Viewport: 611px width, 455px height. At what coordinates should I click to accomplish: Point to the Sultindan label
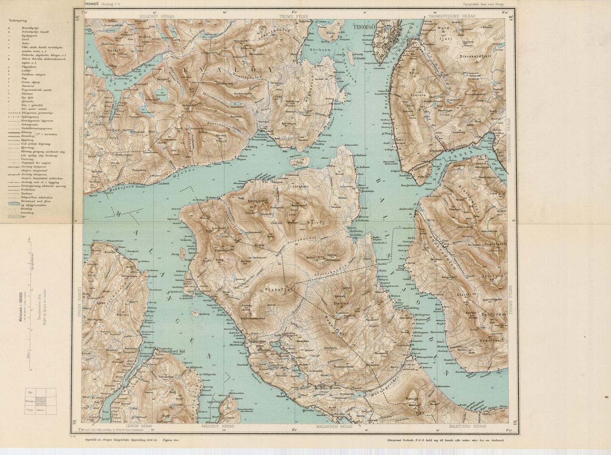[x=493, y=316]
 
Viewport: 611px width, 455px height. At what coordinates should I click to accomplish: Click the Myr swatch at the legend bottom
[x=14, y=216]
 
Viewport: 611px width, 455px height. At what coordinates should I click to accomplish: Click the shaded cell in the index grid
[x=41, y=401]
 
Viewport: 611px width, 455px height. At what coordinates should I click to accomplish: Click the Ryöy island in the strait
[x=301, y=161]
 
